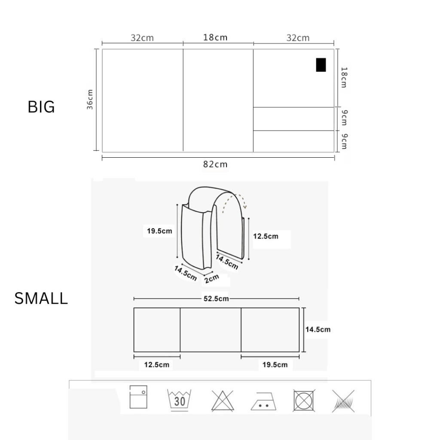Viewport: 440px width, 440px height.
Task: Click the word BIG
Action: (41, 107)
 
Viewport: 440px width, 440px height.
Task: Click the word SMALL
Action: (41, 298)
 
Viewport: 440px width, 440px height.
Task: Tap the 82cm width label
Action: (215, 164)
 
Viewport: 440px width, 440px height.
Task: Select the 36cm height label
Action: (90, 99)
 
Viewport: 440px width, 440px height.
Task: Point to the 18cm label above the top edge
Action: (215, 37)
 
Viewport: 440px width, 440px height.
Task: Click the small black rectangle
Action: (321, 65)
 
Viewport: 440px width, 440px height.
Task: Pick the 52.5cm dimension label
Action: (216, 299)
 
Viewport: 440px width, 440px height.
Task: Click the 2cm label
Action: (211, 278)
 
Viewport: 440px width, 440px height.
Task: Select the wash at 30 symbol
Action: (179, 400)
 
